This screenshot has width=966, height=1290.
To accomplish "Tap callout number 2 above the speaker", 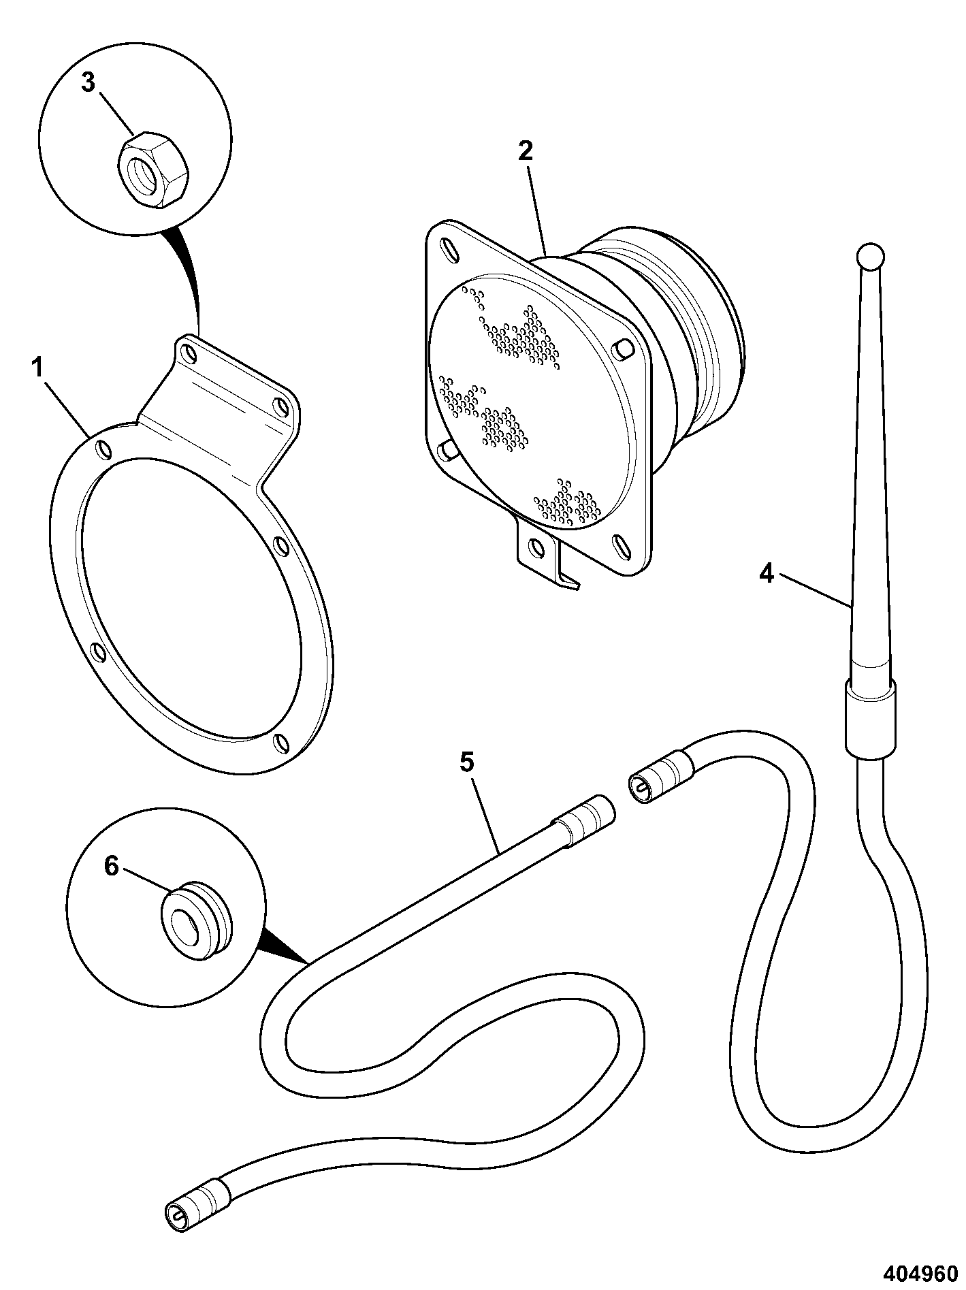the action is [x=525, y=151].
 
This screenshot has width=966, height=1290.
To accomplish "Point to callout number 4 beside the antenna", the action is [x=767, y=574].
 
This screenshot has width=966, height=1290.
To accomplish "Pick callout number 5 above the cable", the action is [x=466, y=762].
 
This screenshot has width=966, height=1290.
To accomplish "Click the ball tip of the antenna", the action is [x=871, y=257].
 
